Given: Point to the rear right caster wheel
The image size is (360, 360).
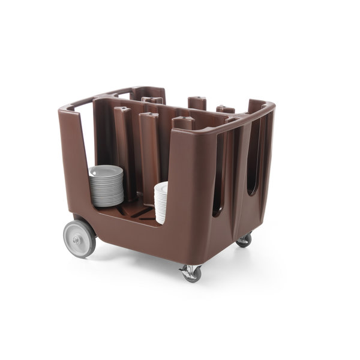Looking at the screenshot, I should (244, 240).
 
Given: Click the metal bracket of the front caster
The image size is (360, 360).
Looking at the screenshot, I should (190, 266).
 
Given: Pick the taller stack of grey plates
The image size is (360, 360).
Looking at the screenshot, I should (106, 186).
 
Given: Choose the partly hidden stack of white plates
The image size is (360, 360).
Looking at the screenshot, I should (161, 202).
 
